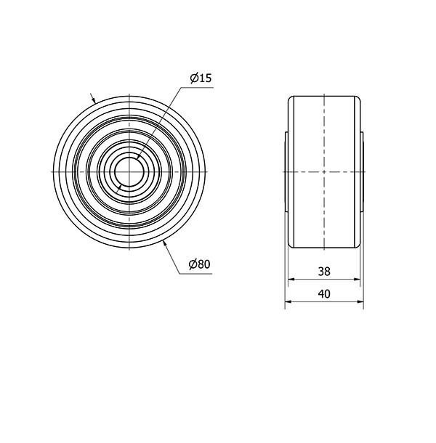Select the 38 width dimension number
pyautogui.click(x=324, y=271)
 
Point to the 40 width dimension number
pyautogui.click(x=324, y=294)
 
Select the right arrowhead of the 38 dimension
pyautogui.click(x=357, y=279)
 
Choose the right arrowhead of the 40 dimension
pyautogui.click(x=361, y=303)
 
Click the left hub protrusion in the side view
pyautogui.click(x=286, y=170)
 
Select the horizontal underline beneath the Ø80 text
pyautogui.click(x=196, y=275)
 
